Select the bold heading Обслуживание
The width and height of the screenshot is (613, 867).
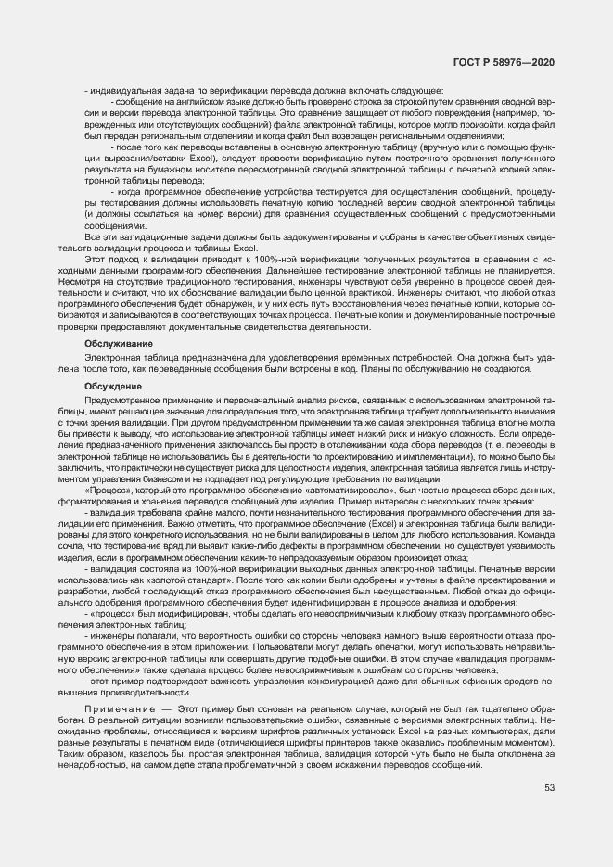(x=111, y=343)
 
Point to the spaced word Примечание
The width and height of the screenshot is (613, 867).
(x=115, y=708)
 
